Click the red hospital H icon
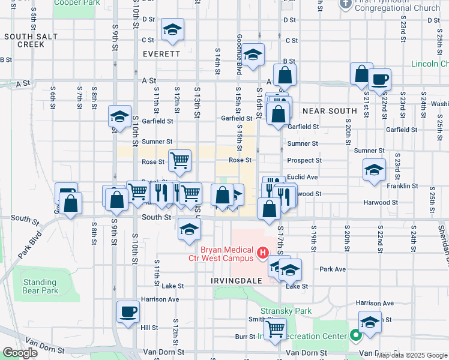pos(262,254)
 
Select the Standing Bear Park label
pos(40,286)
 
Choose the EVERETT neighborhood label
pos(161,54)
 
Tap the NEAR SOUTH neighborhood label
pos(330,111)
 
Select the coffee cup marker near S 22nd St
pos(379,79)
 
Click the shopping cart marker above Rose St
pos(179,160)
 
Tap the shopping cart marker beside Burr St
pos(275,328)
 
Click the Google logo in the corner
pos(20,353)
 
